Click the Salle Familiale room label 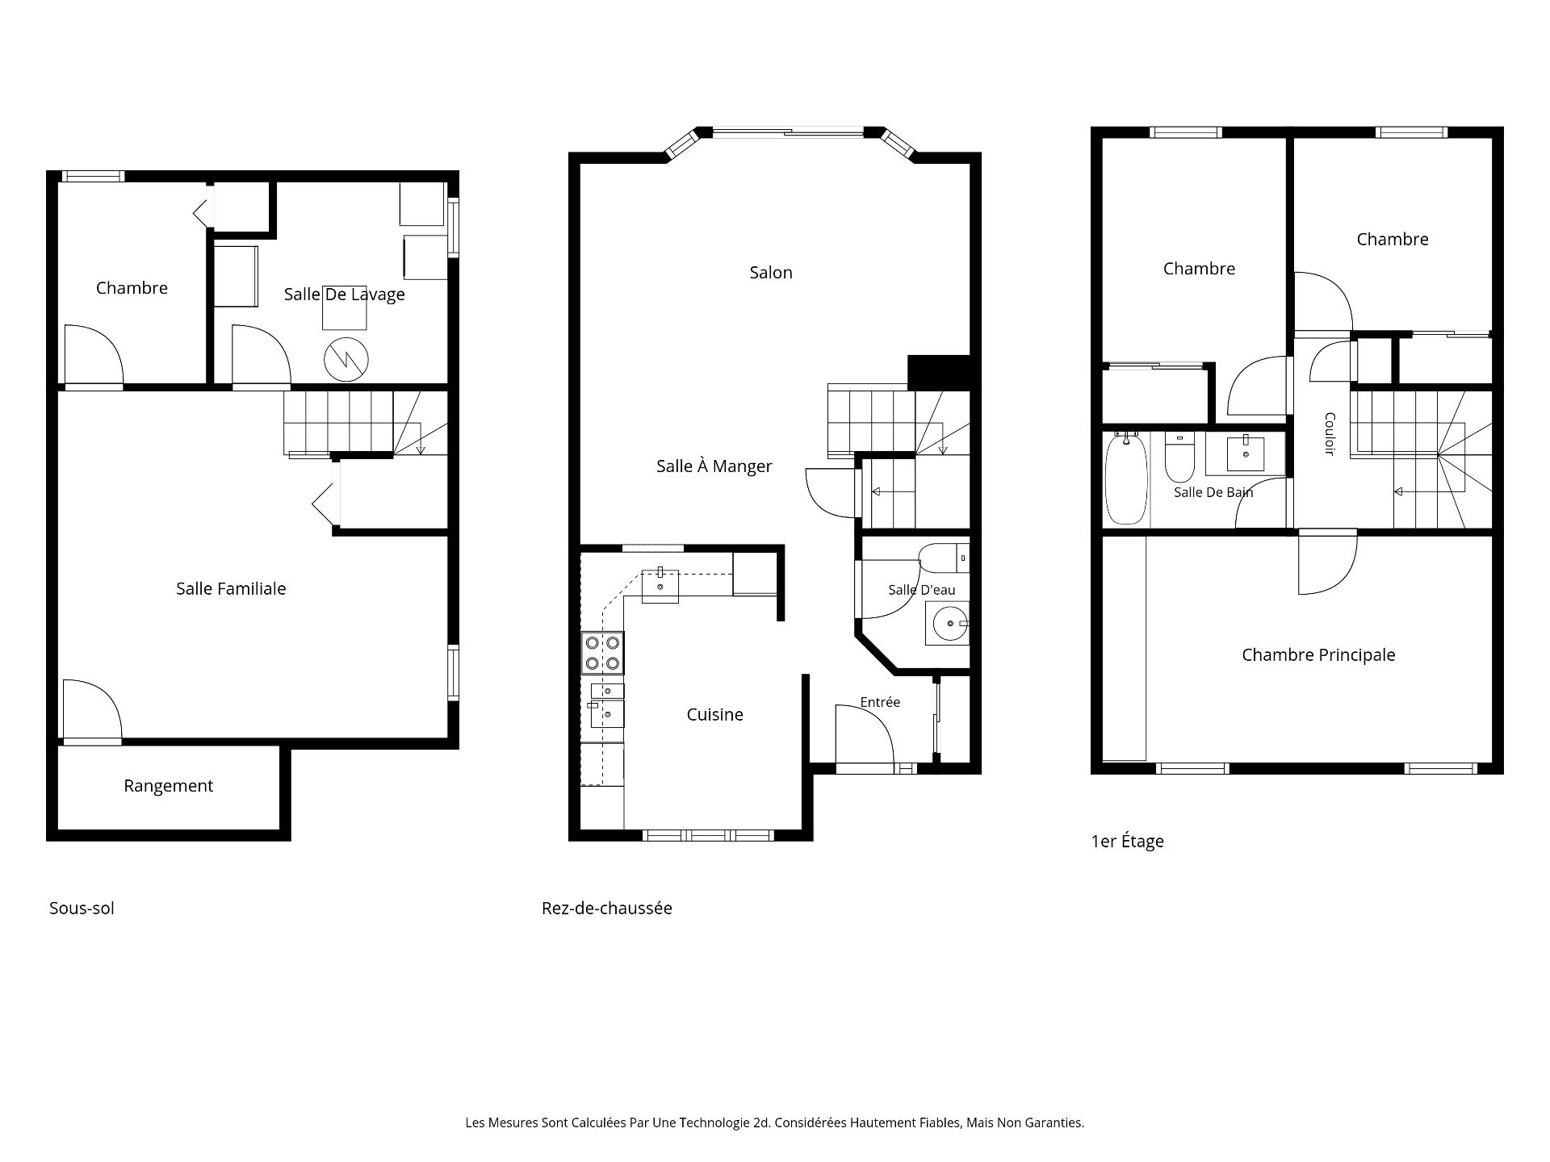231,589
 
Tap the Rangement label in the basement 168,786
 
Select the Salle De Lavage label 344,295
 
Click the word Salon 771,273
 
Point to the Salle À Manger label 714,466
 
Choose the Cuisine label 715,714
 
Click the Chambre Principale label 1318,655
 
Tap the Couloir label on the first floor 1330,434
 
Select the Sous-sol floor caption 82,908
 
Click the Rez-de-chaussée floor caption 607,908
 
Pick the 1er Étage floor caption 1128,841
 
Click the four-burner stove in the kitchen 602,654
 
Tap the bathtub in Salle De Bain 1125,478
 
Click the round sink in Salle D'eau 951,623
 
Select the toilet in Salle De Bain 1179,457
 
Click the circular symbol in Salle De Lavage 346,360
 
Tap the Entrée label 880,702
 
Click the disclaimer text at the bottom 775,1122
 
